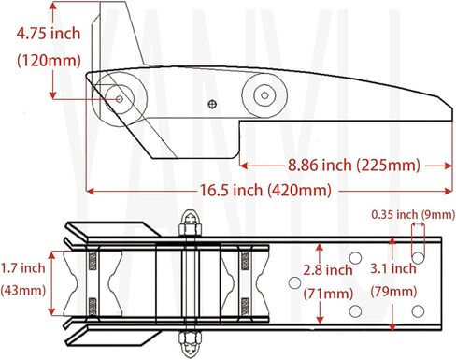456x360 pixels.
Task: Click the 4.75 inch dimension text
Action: [49, 34]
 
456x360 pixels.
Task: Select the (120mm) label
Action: [49, 60]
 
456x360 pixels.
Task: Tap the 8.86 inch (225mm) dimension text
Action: [353, 165]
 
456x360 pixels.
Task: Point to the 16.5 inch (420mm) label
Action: [265, 190]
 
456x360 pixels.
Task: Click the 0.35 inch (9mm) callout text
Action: [413, 214]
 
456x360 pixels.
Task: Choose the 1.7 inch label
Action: [22, 267]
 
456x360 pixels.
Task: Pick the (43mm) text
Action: [23, 291]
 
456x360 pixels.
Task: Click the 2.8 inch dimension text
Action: [328, 270]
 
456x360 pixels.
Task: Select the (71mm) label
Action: [328, 294]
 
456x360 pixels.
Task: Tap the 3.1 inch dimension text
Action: [393, 268]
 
